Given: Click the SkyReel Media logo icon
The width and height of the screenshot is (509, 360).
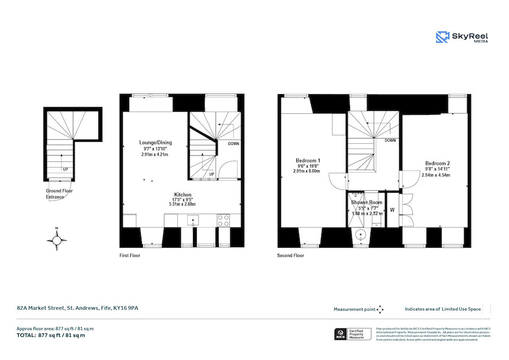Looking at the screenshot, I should point(442,37).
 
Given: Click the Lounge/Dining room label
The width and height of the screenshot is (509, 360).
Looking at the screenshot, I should point(156,143).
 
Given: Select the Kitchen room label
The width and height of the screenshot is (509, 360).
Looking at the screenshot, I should point(183,194).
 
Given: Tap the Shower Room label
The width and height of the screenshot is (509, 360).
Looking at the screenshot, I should point(366,202).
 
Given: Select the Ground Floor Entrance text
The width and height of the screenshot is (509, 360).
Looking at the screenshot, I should point(59,194).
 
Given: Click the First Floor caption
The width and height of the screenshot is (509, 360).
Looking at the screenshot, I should point(130,255).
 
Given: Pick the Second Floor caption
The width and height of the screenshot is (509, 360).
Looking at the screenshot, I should point(290,255).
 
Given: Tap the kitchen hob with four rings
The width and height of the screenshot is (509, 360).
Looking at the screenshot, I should point(223,220).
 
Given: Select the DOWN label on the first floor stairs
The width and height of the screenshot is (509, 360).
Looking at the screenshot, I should point(232,144).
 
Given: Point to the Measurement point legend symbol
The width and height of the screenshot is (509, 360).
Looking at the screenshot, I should point(380,309).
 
